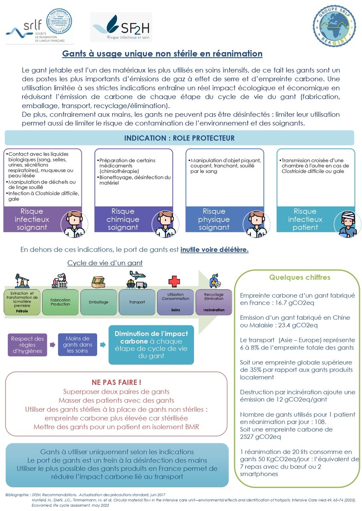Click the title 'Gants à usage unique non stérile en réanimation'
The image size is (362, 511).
pyautogui.click(x=162, y=54)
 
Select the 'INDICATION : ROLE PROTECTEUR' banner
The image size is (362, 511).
pyautogui.click(x=179, y=138)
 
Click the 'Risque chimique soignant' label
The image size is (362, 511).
pyautogui.click(x=123, y=219)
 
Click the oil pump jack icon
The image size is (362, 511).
pyautogui.click(x=21, y=281)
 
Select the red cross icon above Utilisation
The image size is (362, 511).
pyautogui.click(x=174, y=281)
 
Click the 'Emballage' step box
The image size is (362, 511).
pyautogui.click(x=98, y=302)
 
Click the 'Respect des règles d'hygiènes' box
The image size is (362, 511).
pyautogui.click(x=28, y=344)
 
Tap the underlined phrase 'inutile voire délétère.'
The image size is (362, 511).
pyautogui.click(x=214, y=250)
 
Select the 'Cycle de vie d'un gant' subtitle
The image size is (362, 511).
pyautogui.click(x=105, y=263)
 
